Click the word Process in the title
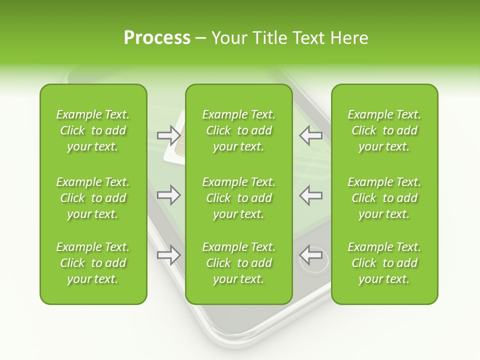157,38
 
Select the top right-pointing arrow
168,135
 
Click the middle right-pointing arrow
168,195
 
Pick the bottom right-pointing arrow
168,255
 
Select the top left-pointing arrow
311,135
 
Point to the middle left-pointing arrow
311,195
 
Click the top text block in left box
93,130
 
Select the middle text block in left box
93,198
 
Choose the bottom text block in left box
93,263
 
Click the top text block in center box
238,130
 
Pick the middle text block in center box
238,198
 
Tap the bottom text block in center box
238,263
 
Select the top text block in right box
384,130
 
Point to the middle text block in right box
384,198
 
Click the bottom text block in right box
384,263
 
